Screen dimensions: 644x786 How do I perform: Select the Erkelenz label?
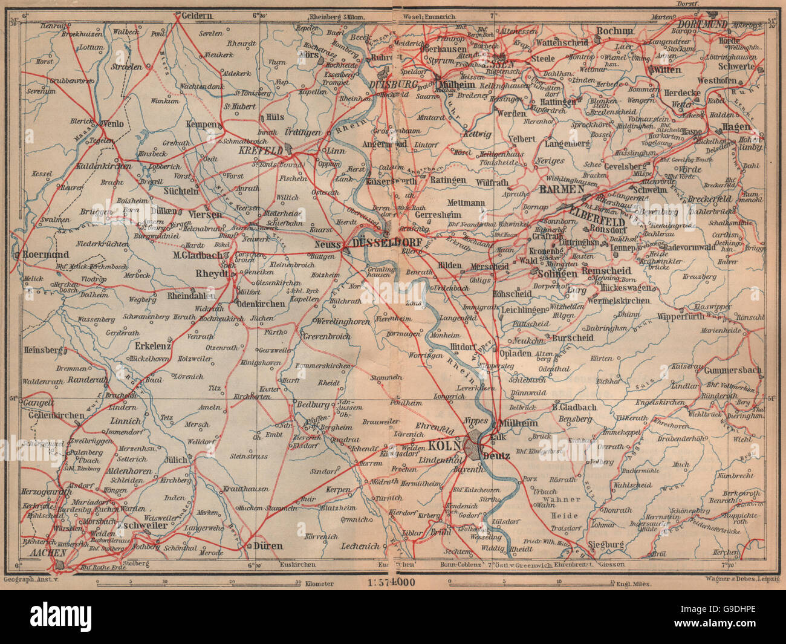[152, 346]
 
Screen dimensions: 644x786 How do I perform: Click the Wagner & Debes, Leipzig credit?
[741, 579]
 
